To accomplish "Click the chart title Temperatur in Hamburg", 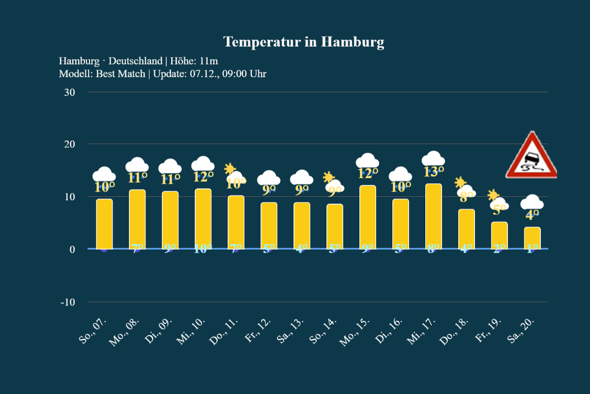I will tap(303, 42).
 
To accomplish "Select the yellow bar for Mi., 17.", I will tap(433, 216).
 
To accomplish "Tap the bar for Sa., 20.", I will tap(532, 238).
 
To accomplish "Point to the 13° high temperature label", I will tap(434, 171).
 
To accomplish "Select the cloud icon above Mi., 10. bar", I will tap(203, 164).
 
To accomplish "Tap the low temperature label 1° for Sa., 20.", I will tap(532, 249).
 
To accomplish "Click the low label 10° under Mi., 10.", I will tap(203, 249).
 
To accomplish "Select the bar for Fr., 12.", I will tap(268, 226).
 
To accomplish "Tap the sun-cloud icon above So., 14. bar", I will tap(333, 181).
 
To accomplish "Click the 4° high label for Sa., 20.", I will tap(532, 214).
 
